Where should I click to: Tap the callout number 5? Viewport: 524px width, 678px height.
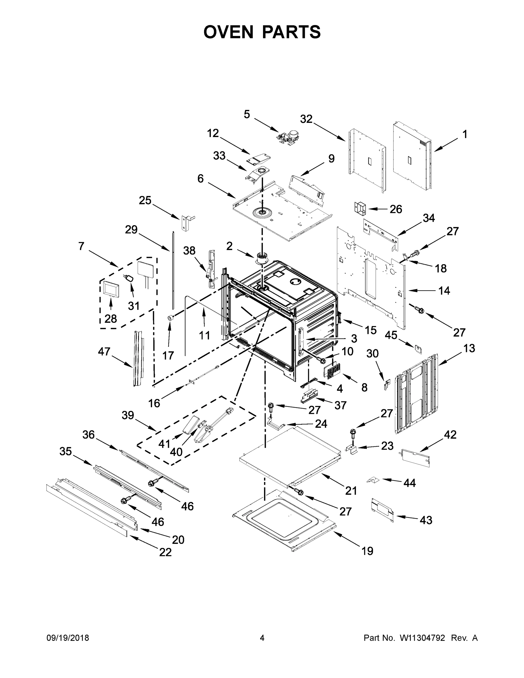click(x=247, y=114)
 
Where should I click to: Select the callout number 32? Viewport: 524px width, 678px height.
click(x=306, y=119)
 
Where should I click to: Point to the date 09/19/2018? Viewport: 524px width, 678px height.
click(x=68, y=638)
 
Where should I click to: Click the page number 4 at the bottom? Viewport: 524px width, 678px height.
click(x=262, y=638)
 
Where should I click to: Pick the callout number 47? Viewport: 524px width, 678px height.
click(x=104, y=351)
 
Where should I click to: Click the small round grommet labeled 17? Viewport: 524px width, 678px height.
click(x=170, y=317)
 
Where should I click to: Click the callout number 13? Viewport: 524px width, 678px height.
click(x=469, y=348)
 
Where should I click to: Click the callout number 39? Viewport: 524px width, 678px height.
click(x=128, y=415)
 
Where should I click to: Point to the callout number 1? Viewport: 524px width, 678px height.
click(x=465, y=134)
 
